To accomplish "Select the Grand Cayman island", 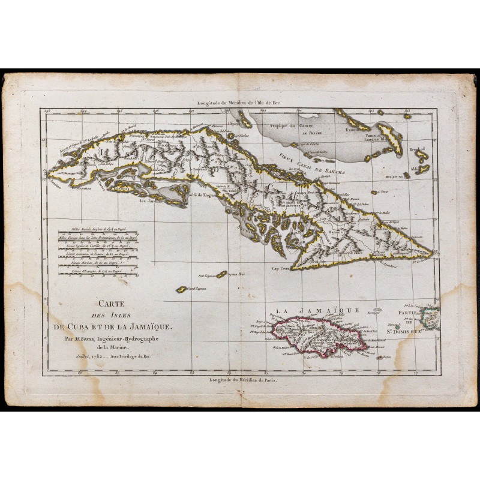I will point(181,290).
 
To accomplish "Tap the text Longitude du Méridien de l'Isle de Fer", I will point(242,103).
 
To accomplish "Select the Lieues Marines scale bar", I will point(96,263).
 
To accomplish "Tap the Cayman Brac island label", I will point(234,274).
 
